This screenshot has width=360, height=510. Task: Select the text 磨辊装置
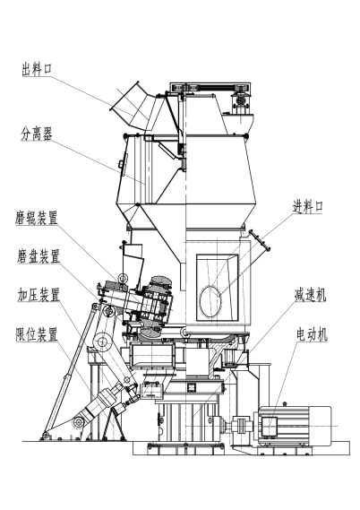[37, 217]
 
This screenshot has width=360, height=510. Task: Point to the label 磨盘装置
[37, 255]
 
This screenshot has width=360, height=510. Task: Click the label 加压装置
[37, 294]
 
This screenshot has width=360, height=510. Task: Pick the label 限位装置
[37, 334]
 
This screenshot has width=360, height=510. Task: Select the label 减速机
[310, 294]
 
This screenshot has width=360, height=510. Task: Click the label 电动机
[313, 334]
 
